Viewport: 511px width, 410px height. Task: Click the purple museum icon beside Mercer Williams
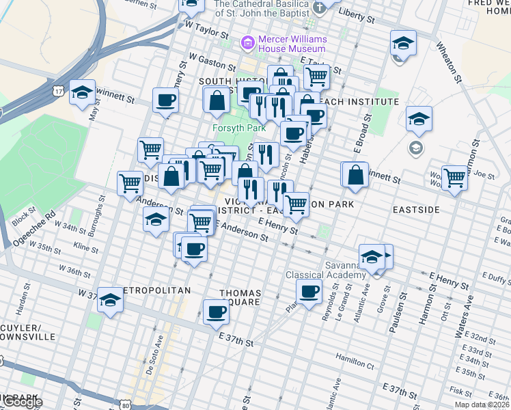click(x=247, y=44)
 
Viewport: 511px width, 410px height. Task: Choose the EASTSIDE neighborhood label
click(x=414, y=210)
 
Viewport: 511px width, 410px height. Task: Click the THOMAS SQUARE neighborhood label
click(x=240, y=297)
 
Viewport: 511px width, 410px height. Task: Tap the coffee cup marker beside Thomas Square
click(x=216, y=312)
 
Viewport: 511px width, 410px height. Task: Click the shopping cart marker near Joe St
click(x=454, y=177)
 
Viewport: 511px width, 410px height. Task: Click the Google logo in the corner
click(x=22, y=402)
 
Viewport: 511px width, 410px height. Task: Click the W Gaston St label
click(x=212, y=63)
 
